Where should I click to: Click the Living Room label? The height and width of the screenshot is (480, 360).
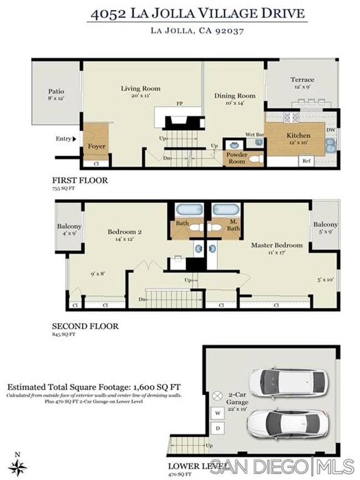coord(141,89)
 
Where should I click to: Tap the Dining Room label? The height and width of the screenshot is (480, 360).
coord(235,96)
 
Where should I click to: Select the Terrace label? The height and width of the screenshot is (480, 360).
coord(302,80)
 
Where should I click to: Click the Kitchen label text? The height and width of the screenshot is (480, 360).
coord(298,135)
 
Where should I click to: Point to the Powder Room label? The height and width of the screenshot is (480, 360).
coord(236,158)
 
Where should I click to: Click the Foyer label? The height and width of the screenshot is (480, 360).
coord(96,147)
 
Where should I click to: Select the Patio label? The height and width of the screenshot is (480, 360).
coord(55,91)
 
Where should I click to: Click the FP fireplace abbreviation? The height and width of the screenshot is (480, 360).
coord(180,104)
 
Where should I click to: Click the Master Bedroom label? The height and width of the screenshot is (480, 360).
coord(277,245)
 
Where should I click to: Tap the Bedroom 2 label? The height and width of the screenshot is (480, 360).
coord(125,232)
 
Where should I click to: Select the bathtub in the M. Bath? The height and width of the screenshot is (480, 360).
coord(225,210)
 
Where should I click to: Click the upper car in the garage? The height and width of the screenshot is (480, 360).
coord(287,381)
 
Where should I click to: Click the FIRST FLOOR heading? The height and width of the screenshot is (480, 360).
coord(80,180)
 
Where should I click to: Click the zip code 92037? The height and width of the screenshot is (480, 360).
coord(229,31)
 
